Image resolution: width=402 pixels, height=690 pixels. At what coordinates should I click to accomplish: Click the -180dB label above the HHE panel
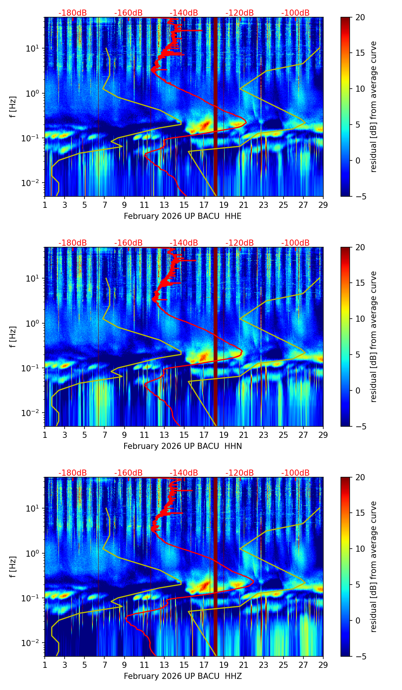[73, 13]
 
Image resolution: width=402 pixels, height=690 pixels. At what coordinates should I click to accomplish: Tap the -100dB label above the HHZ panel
[295, 473]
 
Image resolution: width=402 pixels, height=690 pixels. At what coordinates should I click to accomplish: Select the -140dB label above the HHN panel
[184, 243]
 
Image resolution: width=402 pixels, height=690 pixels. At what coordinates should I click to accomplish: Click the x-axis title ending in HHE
[183, 216]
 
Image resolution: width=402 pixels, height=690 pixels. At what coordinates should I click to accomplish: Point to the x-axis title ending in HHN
[183, 446]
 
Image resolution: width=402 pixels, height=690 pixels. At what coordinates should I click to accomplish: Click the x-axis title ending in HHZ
[183, 676]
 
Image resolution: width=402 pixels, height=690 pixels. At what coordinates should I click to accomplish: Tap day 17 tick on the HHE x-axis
[204, 204]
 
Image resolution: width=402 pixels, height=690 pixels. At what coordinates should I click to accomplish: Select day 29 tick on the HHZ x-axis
[323, 664]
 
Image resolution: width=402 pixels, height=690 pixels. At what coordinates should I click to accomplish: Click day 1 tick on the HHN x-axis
[45, 434]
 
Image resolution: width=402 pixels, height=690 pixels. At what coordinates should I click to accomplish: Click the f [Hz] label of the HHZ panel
[13, 567]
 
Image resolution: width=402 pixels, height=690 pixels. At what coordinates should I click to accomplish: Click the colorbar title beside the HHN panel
[373, 337]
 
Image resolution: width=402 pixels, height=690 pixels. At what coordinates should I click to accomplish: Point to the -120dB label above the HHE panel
[240, 13]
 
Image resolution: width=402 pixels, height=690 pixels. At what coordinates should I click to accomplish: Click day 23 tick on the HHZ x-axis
[263, 664]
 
